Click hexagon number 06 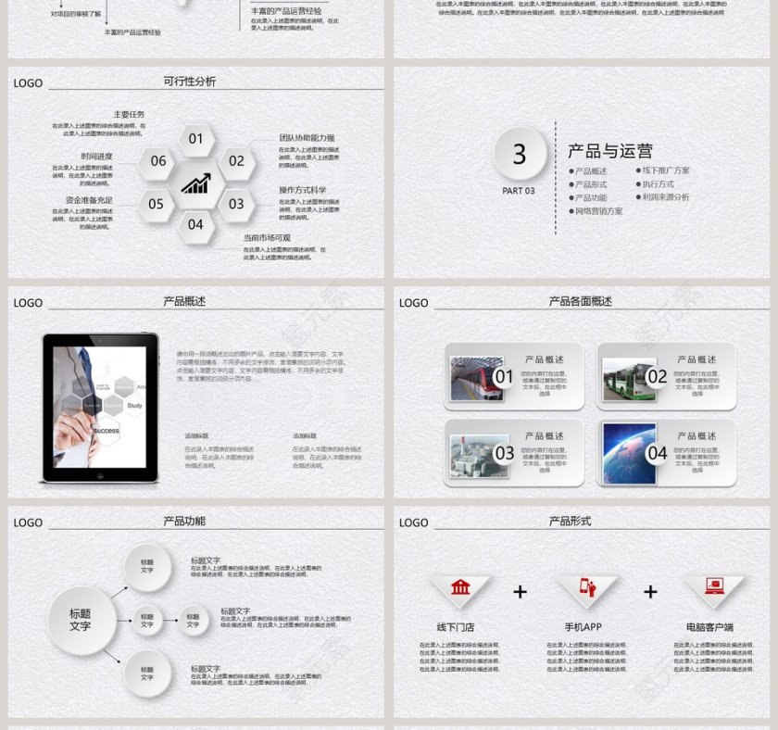(158, 161)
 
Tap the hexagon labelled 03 (236, 204)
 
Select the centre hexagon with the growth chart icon (195, 182)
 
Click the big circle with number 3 (520, 154)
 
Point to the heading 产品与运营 (610, 151)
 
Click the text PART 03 (519, 191)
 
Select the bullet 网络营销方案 (597, 211)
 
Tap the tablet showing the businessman (99, 407)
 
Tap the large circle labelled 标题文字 (81, 620)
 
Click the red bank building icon (460, 587)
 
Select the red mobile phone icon (587, 587)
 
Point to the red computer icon (714, 586)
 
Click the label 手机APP (583, 627)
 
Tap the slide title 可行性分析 (190, 82)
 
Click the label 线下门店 (456, 627)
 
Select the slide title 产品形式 (570, 522)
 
